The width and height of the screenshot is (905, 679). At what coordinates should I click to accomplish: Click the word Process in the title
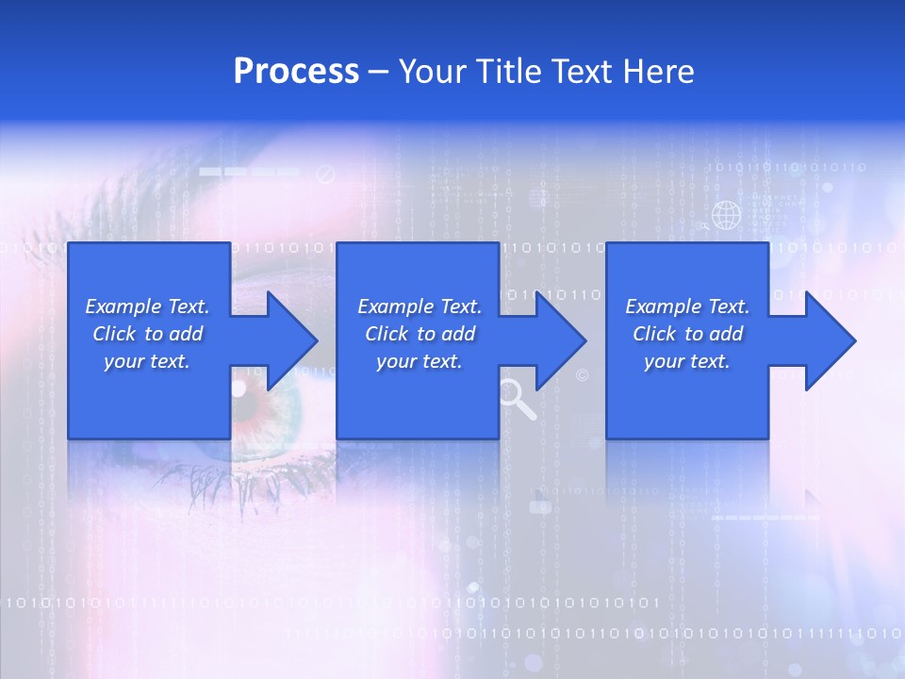296,72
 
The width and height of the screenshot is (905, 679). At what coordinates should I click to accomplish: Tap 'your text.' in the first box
147,361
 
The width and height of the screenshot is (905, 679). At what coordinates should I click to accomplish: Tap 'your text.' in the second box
420,361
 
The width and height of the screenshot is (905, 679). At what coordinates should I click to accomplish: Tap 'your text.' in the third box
687,361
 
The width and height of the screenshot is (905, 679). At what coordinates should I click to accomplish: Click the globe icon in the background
726,216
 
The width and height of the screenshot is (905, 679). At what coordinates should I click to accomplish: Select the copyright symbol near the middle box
582,375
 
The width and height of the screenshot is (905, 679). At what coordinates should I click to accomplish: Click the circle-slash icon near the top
326,174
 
